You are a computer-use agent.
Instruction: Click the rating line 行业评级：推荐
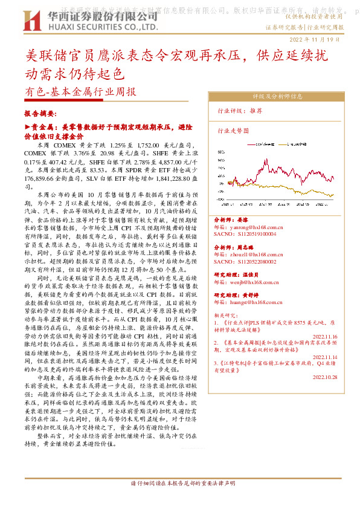(x=240, y=111)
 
